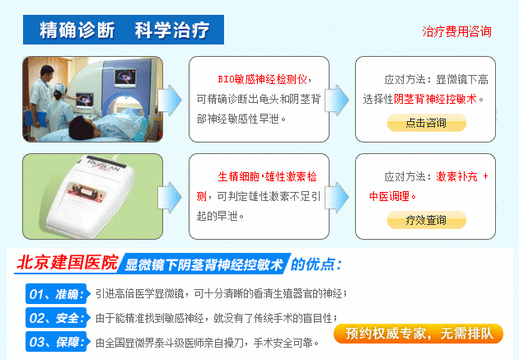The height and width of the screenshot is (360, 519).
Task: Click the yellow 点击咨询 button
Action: [x=427, y=123]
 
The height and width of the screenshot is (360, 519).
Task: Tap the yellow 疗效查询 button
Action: [x=427, y=220]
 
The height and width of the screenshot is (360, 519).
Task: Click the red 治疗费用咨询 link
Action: [x=456, y=31]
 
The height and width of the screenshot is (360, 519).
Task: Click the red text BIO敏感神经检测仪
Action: [x=262, y=79]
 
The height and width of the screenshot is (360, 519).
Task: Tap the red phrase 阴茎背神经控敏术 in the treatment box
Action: [x=435, y=99]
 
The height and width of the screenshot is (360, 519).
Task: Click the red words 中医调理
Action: [x=389, y=197]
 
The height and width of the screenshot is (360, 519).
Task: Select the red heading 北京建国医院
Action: [x=68, y=263]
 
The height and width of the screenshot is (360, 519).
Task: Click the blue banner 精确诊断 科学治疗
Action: [x=124, y=30]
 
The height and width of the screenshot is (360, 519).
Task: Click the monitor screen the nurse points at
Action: [x=83, y=100]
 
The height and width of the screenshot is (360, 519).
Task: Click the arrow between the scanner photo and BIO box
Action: [x=170, y=100]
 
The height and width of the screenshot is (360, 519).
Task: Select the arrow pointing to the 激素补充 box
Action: [x=337, y=197]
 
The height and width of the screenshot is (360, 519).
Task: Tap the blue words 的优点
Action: [x=316, y=264]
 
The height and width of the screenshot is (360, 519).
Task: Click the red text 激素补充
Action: [x=456, y=176]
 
